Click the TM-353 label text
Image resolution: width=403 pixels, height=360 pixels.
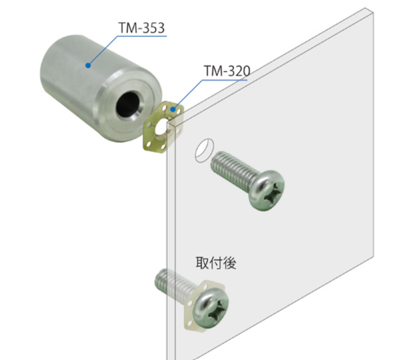point(141,28)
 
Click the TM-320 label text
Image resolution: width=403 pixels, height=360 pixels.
point(227,71)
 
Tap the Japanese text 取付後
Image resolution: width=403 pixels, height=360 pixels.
point(216,263)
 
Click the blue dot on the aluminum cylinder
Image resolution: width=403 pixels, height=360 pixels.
point(88,66)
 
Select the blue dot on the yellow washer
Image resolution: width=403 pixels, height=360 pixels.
point(173,110)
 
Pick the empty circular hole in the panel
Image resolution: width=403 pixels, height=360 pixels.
point(204,150)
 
